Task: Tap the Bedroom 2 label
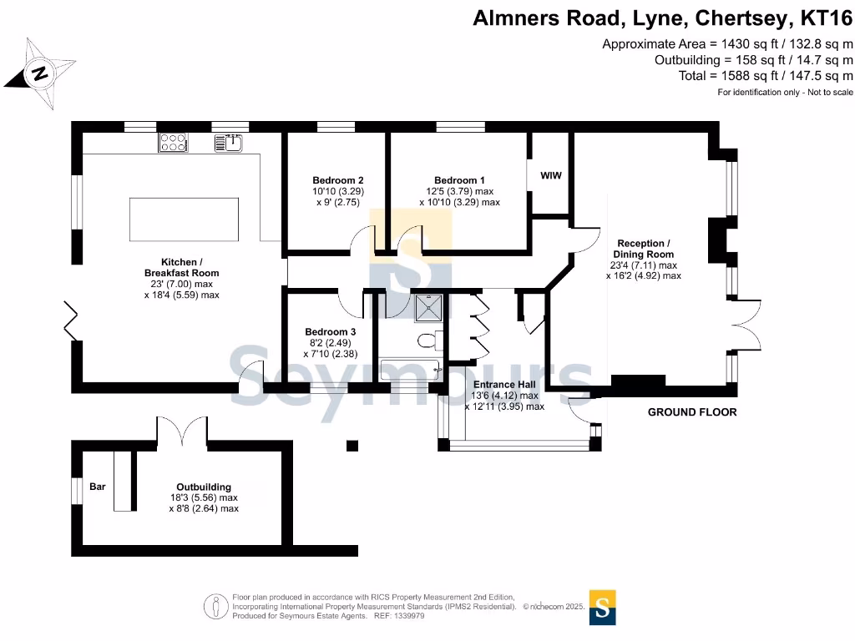click(337, 180)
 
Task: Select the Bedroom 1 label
click(459, 180)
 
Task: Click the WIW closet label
click(550, 175)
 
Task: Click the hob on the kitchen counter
click(172, 144)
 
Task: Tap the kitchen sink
click(228, 144)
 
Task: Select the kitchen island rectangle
click(184, 220)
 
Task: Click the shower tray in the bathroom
click(431, 307)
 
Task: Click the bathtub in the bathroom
click(412, 369)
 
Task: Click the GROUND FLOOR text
click(692, 412)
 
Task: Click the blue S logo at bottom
click(603, 607)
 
